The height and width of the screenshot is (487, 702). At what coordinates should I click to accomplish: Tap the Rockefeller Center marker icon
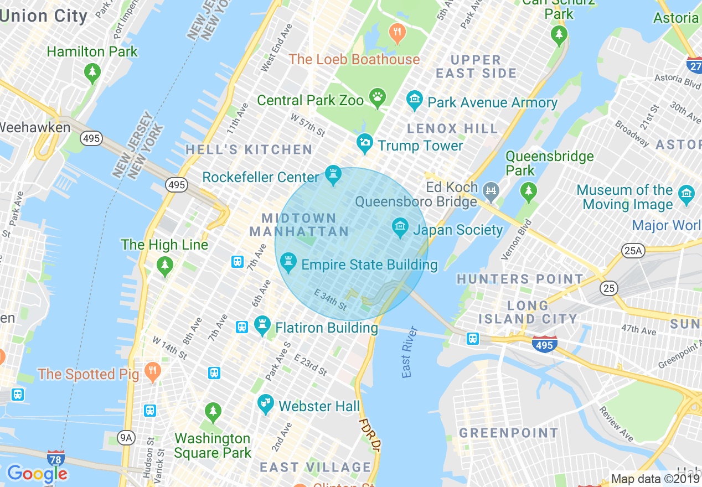[x=333, y=176]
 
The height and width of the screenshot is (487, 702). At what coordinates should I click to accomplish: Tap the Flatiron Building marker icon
[x=262, y=327]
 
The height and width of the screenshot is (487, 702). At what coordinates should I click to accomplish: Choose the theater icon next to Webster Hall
[x=266, y=405]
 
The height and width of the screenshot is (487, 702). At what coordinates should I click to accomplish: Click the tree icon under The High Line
[x=164, y=266]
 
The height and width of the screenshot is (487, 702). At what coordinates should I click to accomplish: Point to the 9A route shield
[x=126, y=438]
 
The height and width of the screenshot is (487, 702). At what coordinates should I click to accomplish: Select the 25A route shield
[x=632, y=251]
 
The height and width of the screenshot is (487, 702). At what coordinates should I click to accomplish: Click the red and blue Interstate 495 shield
[x=544, y=344]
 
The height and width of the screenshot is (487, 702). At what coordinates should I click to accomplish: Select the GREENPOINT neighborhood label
[x=509, y=433]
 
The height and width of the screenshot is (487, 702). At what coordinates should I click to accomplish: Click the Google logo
[x=37, y=473]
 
